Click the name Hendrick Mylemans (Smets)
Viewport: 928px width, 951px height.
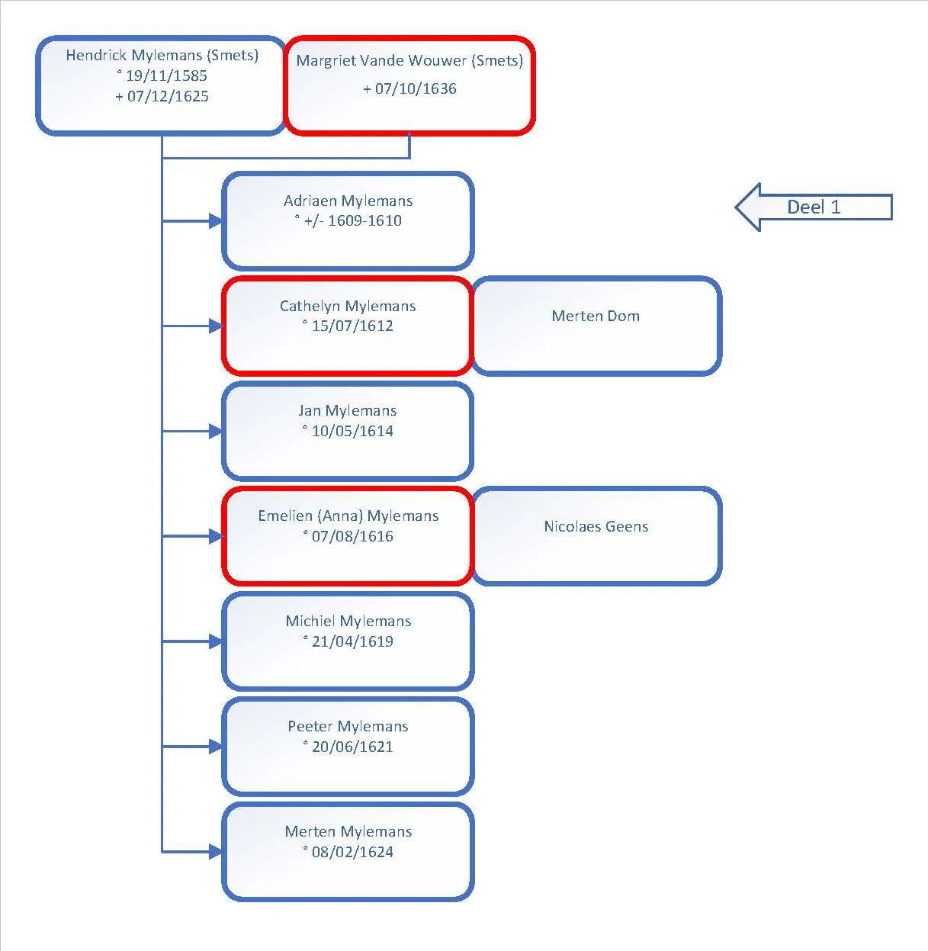tap(162, 55)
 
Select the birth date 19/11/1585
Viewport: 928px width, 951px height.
tap(167, 76)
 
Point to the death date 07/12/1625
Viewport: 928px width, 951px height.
tap(168, 96)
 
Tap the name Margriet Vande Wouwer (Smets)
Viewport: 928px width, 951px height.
tap(409, 60)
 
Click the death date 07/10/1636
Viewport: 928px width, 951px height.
tap(416, 88)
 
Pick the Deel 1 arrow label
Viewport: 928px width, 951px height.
tap(814, 207)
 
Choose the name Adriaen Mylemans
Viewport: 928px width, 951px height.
tap(348, 201)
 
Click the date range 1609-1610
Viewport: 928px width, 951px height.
tap(364, 220)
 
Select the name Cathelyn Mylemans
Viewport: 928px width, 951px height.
tap(348, 306)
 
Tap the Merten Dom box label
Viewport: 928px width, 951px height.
tap(596, 316)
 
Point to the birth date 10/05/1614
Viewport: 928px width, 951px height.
tap(352, 431)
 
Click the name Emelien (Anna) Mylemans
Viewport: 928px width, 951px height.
tap(348, 516)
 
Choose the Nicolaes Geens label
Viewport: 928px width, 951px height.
tap(596, 526)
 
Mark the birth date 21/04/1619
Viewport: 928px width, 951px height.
tap(352, 641)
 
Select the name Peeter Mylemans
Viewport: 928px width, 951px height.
tap(348, 726)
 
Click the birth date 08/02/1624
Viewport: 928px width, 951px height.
tap(352, 852)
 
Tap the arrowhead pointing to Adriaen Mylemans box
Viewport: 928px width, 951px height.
tap(216, 221)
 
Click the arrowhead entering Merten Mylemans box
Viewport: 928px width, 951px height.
tap(216, 852)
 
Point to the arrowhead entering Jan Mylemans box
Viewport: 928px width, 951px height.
tap(216, 431)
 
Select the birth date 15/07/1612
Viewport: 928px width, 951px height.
tap(352, 326)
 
